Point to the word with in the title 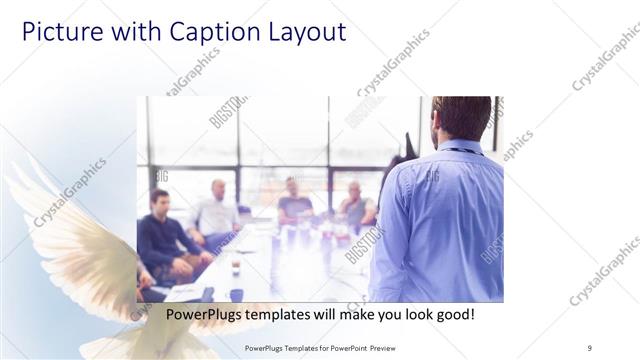135,32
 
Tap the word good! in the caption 454,314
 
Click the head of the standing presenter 461,116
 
